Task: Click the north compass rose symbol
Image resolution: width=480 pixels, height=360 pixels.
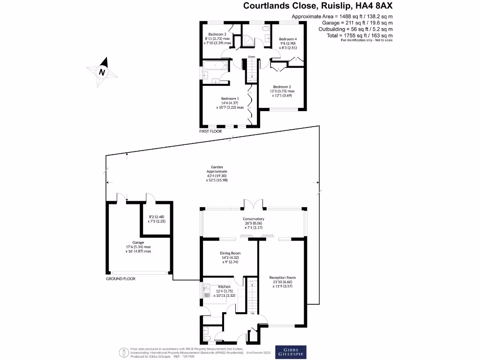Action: click(102, 72)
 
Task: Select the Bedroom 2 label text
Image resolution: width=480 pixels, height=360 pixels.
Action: click(282, 87)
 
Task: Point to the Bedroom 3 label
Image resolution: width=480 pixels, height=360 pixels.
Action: click(217, 34)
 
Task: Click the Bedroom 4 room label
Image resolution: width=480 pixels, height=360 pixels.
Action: click(288, 39)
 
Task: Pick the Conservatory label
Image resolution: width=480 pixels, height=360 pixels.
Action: click(253, 219)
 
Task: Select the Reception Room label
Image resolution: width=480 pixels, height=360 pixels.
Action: click(282, 277)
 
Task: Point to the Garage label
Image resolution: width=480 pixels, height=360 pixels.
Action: click(138, 243)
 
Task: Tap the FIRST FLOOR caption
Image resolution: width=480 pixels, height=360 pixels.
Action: click(211, 132)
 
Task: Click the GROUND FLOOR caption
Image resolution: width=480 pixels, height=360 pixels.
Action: click(121, 278)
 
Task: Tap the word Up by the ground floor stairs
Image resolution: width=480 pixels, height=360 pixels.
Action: click(253, 313)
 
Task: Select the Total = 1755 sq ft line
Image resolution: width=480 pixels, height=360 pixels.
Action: click(360, 36)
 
